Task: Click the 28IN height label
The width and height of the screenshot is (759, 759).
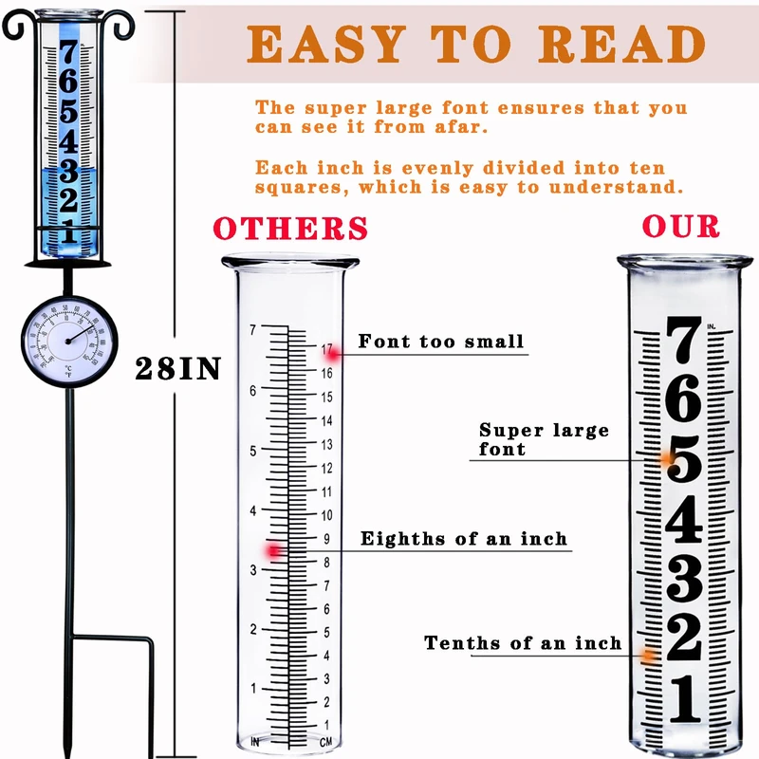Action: pos(177,368)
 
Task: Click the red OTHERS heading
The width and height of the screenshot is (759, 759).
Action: pos(290,229)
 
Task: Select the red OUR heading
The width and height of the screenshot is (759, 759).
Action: pos(681,227)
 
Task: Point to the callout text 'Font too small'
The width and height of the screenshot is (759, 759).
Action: pos(441,342)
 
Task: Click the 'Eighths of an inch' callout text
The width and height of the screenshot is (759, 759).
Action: pos(463,539)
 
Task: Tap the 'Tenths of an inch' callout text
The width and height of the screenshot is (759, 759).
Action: pos(523,643)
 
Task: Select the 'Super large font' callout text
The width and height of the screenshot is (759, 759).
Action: pos(544,439)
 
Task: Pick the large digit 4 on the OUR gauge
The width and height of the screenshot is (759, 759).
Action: pos(684,521)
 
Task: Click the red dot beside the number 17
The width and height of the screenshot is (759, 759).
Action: pos(334,352)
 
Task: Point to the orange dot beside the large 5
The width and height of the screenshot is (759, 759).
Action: pos(666,459)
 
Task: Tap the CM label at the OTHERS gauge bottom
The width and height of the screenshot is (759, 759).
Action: pos(325,741)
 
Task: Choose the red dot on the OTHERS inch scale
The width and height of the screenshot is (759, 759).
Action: pos(275,550)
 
